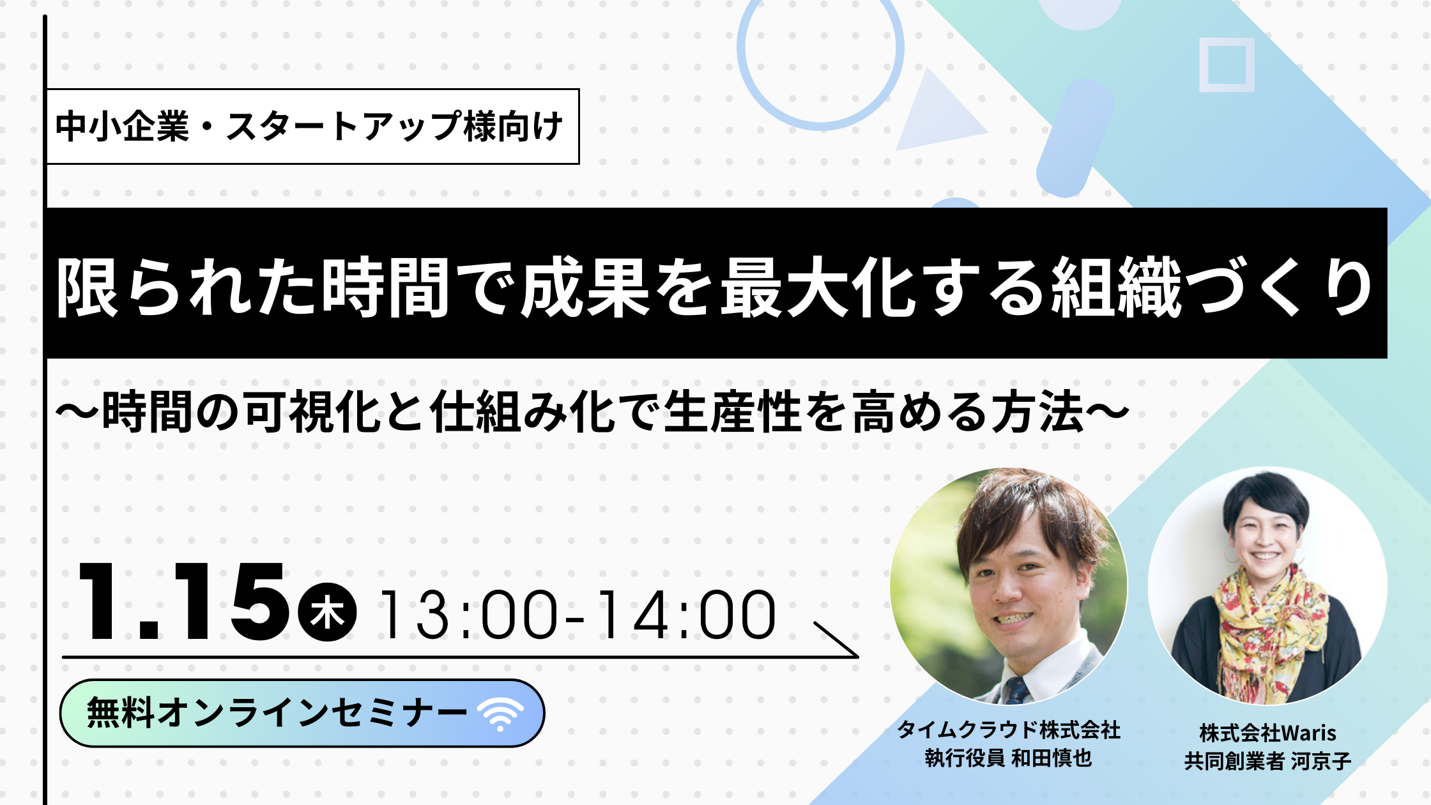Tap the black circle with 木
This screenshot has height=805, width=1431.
pos(327,612)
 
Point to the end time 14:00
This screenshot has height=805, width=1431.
pos(687,615)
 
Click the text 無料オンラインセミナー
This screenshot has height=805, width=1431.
pos(277,713)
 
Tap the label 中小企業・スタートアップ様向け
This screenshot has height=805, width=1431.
pos(310,126)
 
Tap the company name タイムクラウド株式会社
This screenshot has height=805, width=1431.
pos(1009,730)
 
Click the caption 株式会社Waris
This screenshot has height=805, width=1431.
pos(1267,733)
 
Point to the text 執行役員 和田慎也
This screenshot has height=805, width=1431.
pos(1009,758)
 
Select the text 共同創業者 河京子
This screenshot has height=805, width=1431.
pos(1267,761)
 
